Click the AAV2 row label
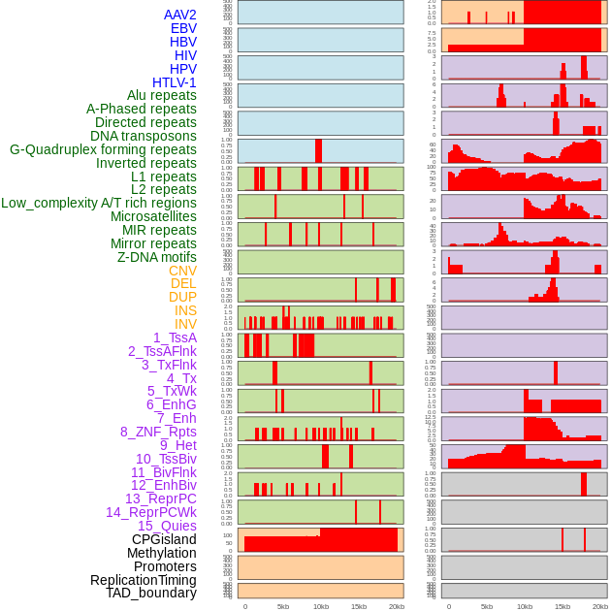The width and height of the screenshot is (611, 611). coord(180,15)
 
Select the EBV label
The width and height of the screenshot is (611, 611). coord(183,28)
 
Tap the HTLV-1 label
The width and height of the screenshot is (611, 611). coord(175,82)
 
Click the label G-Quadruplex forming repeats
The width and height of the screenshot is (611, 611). coord(103,149)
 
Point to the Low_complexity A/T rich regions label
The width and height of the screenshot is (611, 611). coord(99,203)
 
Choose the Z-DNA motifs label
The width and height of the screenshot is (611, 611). coord(157,257)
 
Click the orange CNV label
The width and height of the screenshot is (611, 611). coord(182,271)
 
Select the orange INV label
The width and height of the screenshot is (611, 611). coord(185,324)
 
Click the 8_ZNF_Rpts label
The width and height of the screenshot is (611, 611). coord(158,432)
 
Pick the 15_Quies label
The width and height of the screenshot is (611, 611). coord(167,526)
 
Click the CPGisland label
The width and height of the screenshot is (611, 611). coord(164,539)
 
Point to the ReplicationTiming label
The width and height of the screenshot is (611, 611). coord(143,580)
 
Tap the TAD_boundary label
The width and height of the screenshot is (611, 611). coord(151,593)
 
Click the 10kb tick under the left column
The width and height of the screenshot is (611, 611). coord(320,606)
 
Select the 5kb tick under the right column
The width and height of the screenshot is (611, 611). coord(487,606)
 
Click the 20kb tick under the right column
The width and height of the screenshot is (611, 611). coord(600,606)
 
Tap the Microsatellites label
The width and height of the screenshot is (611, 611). coord(153,216)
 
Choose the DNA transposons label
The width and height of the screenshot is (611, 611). coord(144,136)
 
